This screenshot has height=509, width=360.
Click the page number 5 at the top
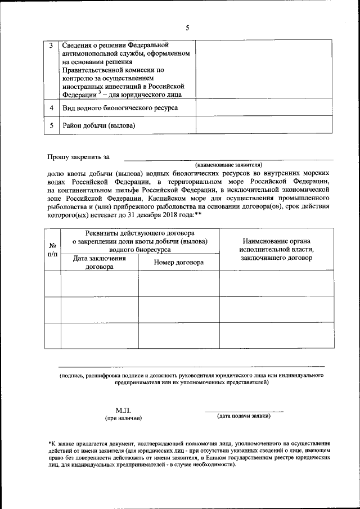[188, 28]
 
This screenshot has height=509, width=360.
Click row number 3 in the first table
[52, 45]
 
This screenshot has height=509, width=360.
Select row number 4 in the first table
[52, 107]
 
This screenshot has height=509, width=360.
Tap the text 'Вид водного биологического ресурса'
[120, 107]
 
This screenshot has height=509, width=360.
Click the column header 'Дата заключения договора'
[100, 263]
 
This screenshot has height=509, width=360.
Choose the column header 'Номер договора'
[178, 262]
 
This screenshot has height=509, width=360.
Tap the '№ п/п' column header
[52, 250]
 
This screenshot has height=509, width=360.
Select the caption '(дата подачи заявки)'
[244, 416]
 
